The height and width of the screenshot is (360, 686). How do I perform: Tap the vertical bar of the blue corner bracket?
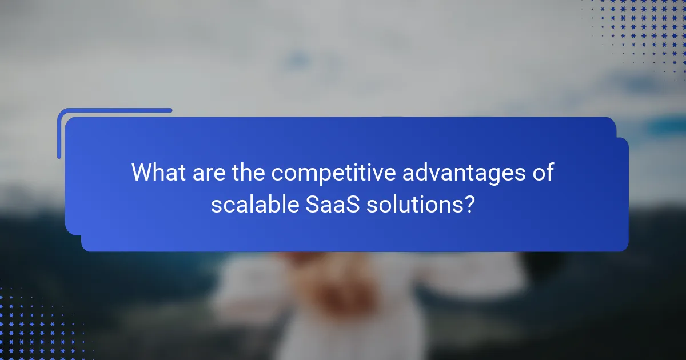[x=59, y=134]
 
